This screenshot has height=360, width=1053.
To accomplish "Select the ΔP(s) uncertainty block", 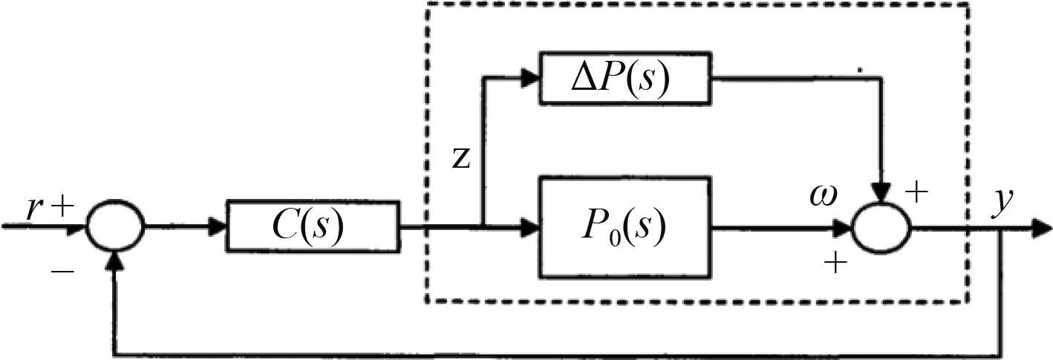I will (x=625, y=79).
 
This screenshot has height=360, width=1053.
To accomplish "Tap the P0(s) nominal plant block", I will (x=622, y=226).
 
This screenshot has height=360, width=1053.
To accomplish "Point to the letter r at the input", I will (x=33, y=211).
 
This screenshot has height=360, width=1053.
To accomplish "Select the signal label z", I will (x=461, y=160).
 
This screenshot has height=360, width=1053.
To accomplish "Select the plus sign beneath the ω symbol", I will (x=836, y=264).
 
